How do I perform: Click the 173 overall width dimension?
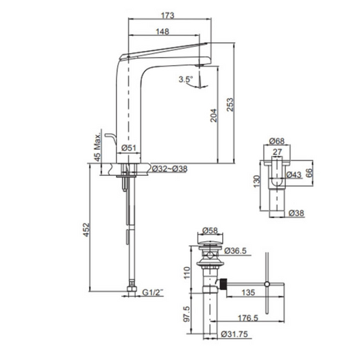point(168,16)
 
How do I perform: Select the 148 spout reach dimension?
point(162,31)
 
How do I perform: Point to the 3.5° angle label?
point(186,79)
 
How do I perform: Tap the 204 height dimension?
point(214,115)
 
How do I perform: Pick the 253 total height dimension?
point(230,105)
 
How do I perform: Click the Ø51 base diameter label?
point(128,147)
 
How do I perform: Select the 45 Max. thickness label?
point(98,145)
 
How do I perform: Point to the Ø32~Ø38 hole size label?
point(170,169)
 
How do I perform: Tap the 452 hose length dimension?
point(86,230)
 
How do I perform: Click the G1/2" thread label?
point(153,292)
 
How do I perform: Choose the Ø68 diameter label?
point(277,141)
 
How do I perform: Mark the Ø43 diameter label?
point(293,175)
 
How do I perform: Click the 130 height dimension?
point(257,181)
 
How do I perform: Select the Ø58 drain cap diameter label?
point(210,230)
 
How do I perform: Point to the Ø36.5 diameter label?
point(235,251)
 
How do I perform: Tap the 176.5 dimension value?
point(248,318)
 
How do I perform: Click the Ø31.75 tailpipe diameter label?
point(234,334)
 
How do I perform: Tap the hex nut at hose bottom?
point(132,289)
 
